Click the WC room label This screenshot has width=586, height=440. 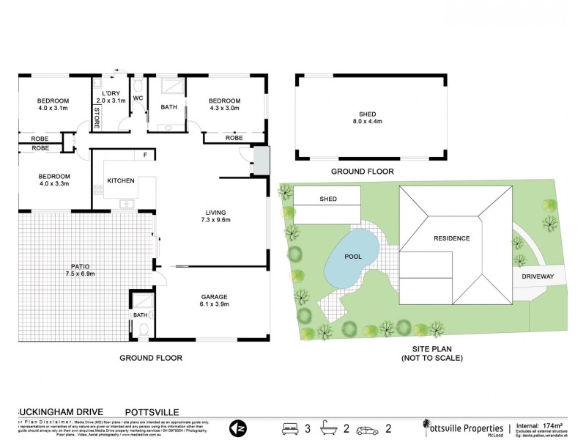tap(137, 98)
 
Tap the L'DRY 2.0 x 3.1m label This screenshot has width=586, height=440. tap(111, 97)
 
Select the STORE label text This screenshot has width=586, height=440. tap(96, 117)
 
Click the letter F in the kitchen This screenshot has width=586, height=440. tap(145, 155)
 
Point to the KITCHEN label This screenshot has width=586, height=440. tap(120, 181)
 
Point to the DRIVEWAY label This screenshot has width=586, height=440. tap(538, 276)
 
